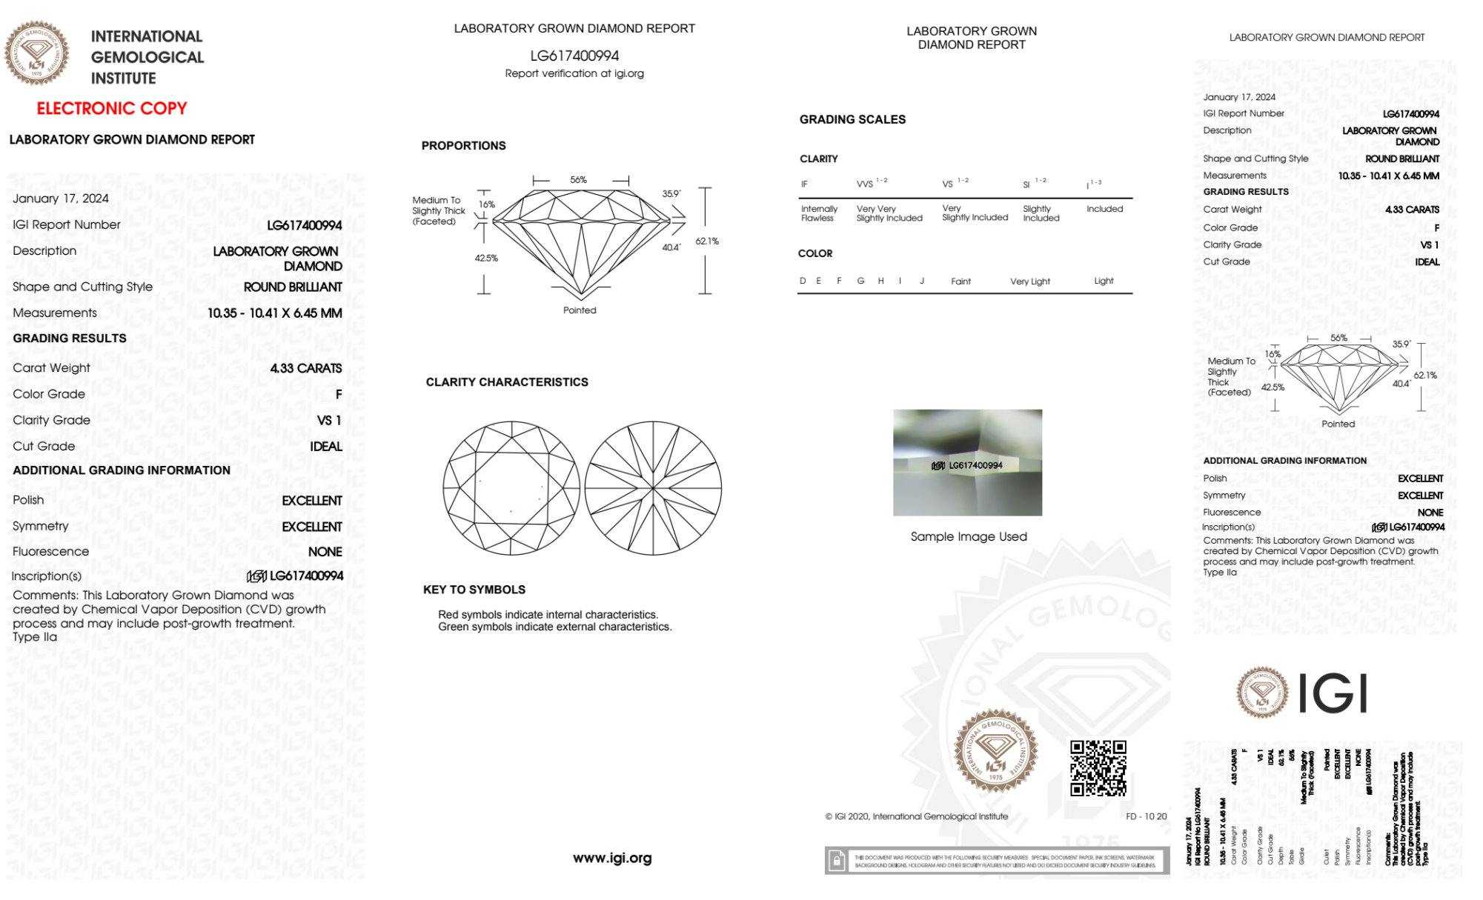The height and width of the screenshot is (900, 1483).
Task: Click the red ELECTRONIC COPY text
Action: pos(112,109)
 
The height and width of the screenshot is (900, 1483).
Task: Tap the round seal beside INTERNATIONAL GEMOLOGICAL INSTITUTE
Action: pos(37,53)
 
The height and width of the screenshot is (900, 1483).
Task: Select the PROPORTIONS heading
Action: pos(463,146)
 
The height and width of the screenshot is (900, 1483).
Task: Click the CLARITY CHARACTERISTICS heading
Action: pos(507,382)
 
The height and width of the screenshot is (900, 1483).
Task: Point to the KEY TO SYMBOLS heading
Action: pos(474,590)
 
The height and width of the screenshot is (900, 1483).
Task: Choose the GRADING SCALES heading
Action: pos(852,119)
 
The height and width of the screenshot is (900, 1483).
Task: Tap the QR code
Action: pos(1098,767)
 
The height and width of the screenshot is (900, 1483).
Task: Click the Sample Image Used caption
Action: pos(969,536)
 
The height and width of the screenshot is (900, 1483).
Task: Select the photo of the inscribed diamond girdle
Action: pos(967,462)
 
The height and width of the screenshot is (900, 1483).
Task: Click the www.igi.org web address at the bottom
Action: pos(612,858)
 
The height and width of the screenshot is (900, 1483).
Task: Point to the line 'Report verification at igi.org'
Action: pos(574,73)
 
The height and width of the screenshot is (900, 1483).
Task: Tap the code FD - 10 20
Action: pos(1146,816)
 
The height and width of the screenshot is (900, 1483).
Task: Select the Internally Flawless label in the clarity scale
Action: pos(819,213)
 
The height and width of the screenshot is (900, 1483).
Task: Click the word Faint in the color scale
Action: pos(961,281)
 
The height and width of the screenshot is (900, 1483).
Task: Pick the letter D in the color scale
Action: pos(803,281)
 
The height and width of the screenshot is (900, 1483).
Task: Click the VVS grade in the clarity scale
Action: pos(866,184)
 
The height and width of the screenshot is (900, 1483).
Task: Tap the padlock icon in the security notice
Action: pos(837,861)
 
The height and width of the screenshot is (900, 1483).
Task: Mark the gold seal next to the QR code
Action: pos(995,750)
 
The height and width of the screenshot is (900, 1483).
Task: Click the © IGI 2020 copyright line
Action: pos(917,816)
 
